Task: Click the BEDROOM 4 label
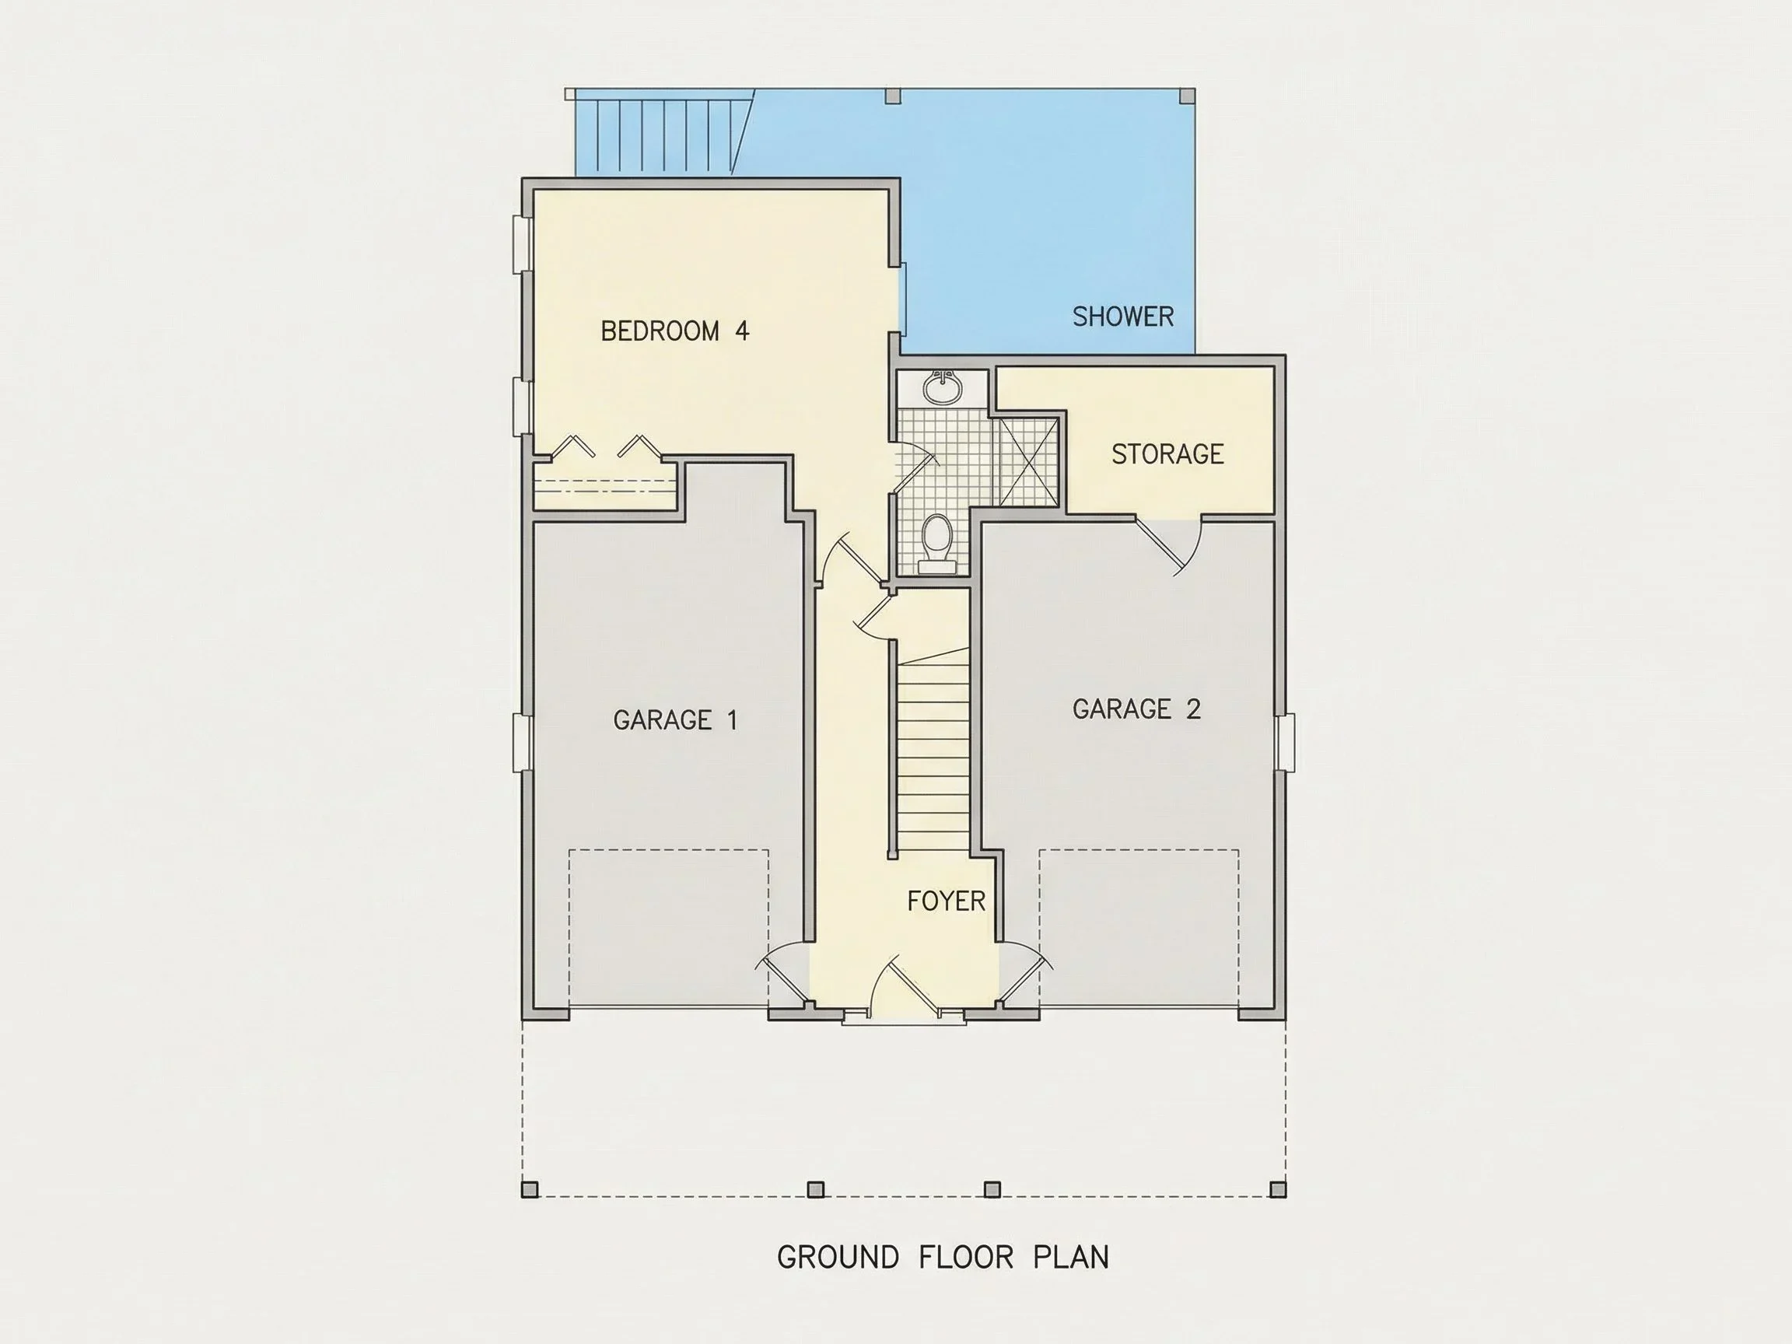pos(675,331)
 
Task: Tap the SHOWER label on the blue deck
pos(1123,317)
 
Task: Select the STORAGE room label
pos(1167,454)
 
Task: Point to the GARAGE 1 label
pos(676,720)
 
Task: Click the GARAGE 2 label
pos(1136,709)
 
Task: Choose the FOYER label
pos(947,901)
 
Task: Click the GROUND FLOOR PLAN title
pos(943,1258)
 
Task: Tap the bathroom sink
pos(943,387)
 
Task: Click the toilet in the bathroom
pos(937,543)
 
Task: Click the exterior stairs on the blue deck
pos(660,132)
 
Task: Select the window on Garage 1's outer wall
pos(523,743)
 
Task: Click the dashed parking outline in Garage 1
pos(669,928)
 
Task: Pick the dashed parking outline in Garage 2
pos(1139,928)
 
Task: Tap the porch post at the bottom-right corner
pos(1278,1189)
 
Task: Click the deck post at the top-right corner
pos(1187,96)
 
